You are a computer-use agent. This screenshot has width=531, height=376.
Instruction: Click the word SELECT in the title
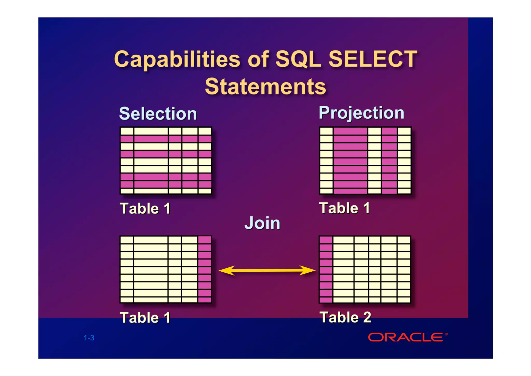point(373,59)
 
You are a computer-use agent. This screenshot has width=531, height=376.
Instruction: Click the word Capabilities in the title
point(177,60)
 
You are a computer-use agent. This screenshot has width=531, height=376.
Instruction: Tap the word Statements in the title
point(265,87)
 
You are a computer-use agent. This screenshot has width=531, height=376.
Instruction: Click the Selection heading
point(158,114)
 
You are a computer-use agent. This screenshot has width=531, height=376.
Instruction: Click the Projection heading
point(361,113)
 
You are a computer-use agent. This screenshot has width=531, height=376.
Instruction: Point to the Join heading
point(262,223)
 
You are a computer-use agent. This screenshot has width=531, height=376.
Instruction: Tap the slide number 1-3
point(89,338)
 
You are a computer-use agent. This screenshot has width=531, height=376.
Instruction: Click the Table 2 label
point(345,317)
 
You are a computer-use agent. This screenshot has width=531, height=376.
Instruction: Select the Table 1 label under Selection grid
point(145,209)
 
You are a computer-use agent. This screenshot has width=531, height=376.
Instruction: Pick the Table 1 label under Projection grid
point(344,208)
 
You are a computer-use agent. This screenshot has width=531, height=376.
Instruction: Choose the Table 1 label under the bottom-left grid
point(145,318)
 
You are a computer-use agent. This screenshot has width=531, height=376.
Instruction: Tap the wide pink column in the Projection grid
point(350,161)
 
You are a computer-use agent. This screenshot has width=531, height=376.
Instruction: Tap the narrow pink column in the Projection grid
point(389,161)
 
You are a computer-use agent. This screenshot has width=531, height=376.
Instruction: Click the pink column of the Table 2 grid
point(326,270)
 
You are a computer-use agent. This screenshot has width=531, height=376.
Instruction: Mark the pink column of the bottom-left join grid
point(205,270)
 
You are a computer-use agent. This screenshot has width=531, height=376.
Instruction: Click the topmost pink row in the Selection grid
point(166,139)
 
